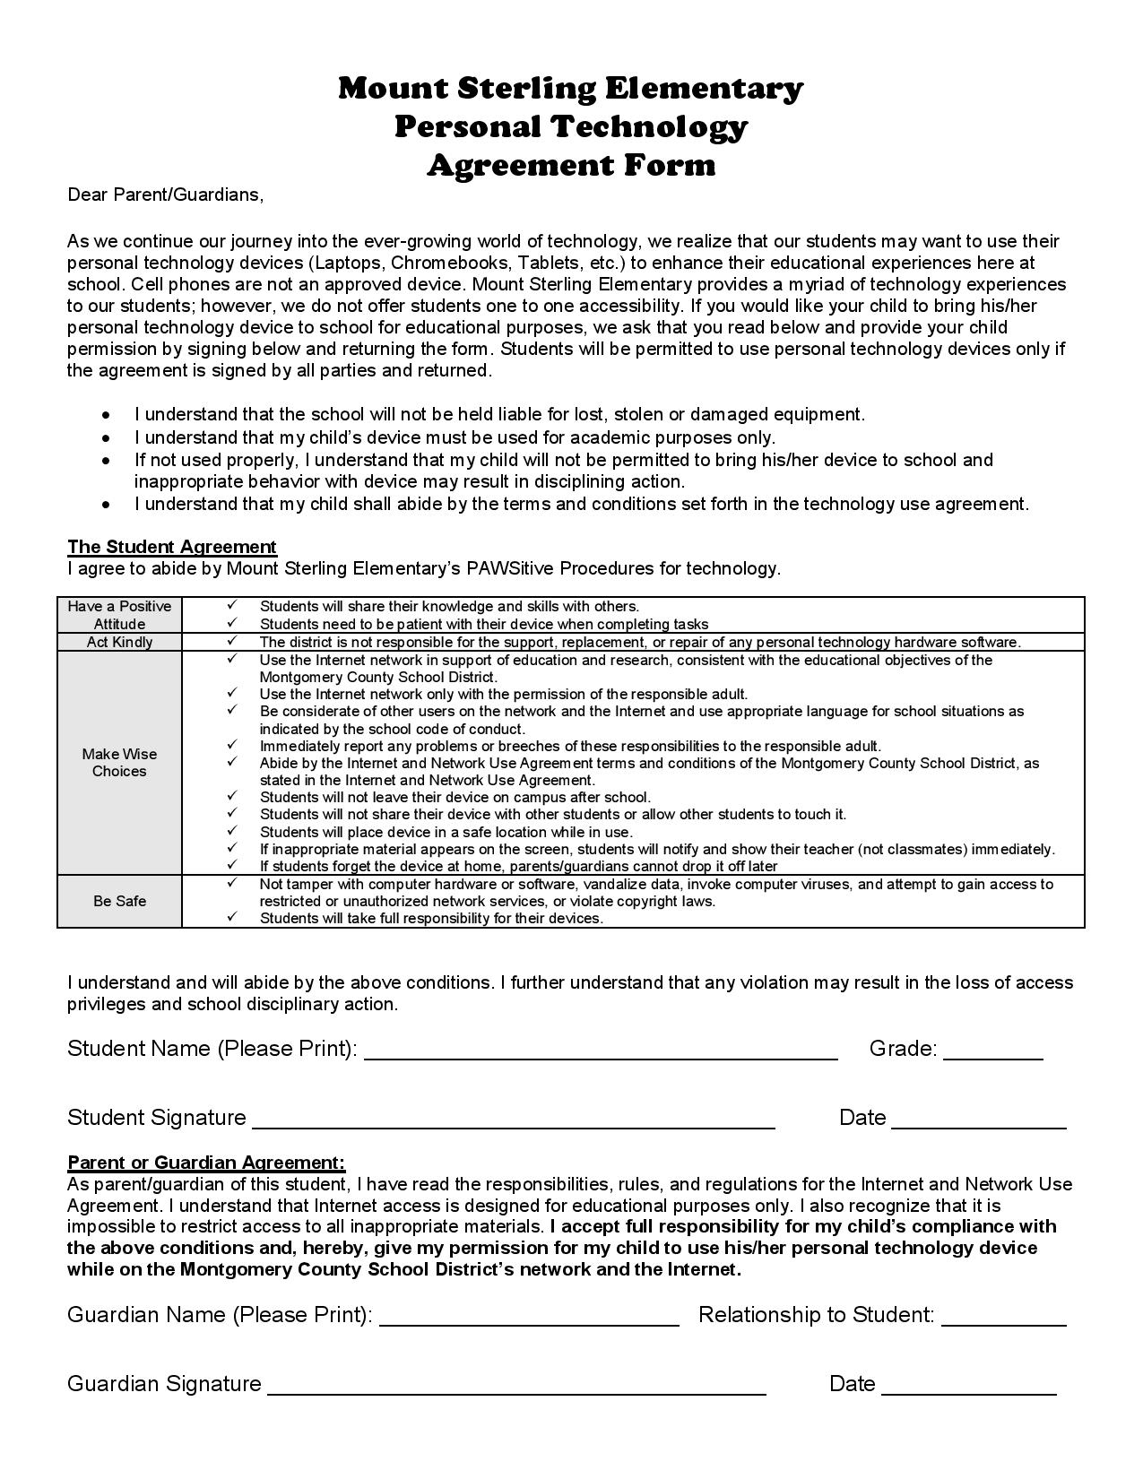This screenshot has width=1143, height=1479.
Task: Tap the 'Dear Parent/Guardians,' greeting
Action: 166,195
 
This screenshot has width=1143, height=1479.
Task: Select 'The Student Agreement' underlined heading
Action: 172,547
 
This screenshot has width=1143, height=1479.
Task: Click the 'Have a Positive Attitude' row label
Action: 119,615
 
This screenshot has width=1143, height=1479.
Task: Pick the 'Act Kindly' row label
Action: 119,642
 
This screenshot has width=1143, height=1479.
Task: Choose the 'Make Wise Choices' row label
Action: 119,763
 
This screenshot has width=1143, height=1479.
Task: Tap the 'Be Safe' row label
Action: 119,901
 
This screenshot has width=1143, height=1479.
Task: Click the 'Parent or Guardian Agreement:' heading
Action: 206,1163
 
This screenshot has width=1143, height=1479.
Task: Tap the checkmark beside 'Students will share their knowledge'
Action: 232,606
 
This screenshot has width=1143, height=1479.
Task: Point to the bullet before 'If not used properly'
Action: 107,460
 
